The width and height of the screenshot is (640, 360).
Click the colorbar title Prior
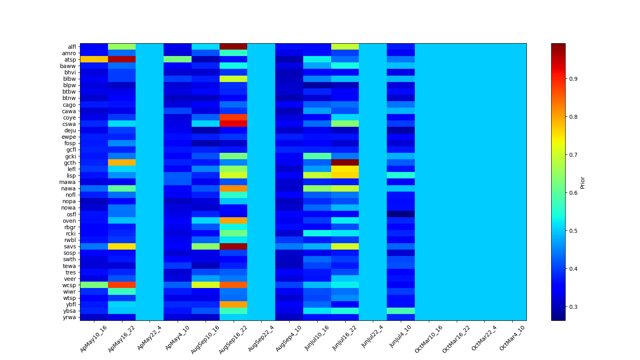(x=582, y=182)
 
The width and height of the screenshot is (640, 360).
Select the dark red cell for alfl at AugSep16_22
(x=233, y=46)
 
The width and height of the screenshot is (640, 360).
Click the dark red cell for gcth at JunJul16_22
(x=345, y=162)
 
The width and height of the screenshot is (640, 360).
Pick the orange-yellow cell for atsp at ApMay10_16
(x=94, y=59)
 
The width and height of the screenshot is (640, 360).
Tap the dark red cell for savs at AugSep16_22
(x=233, y=246)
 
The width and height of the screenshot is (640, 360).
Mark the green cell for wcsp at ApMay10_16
(x=94, y=285)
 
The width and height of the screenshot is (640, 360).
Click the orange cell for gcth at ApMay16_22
(x=122, y=162)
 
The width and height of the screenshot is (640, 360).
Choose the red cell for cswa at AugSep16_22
(x=233, y=124)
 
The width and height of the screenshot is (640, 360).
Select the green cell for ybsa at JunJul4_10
(x=400, y=311)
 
